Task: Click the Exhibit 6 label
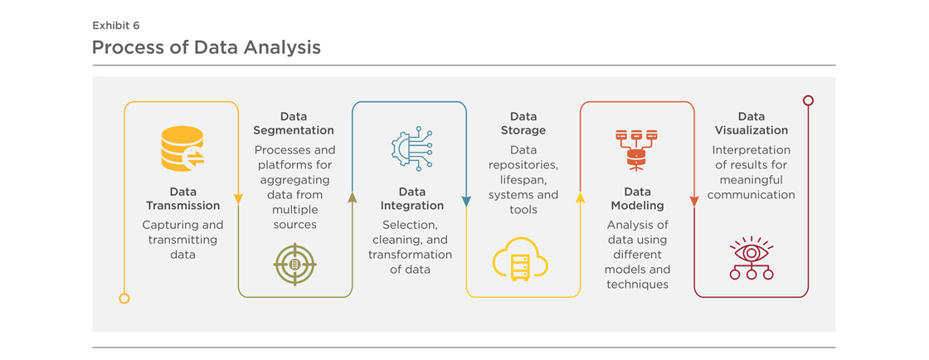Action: point(116,26)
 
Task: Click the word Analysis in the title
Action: point(283,47)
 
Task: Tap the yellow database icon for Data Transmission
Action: point(182,148)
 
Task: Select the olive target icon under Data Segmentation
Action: point(295,265)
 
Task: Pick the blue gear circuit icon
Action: point(411,148)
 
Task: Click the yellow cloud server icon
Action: point(520,258)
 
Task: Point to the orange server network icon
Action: point(636,150)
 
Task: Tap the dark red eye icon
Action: point(751,258)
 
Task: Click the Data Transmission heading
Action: point(182,199)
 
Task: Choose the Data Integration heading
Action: point(412,199)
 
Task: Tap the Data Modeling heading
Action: point(636,199)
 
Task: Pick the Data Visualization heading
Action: point(751,123)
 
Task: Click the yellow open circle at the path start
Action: point(124,299)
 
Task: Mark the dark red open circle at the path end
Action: point(808,100)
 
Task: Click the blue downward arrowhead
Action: point(466,202)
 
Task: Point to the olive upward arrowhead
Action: point(353,197)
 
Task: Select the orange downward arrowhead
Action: point(693,202)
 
